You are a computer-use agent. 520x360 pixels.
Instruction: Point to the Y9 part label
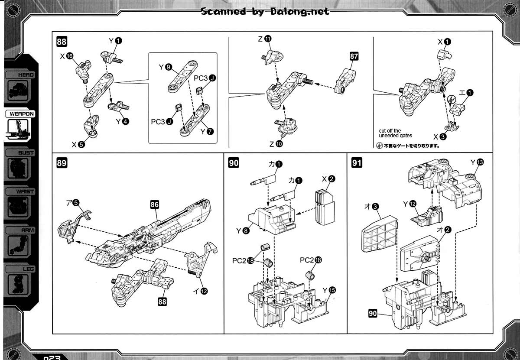tap(165, 67)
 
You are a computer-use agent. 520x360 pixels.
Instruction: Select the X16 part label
tap(66, 56)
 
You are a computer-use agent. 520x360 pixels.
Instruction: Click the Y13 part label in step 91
tap(476, 162)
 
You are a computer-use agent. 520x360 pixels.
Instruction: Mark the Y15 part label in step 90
tap(328, 290)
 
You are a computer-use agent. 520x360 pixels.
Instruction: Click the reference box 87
tap(354, 56)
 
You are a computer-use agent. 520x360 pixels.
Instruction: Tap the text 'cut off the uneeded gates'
tap(395, 133)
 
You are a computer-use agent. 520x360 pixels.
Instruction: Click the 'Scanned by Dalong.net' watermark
tap(265, 12)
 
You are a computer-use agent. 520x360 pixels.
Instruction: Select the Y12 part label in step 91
tap(409, 204)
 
